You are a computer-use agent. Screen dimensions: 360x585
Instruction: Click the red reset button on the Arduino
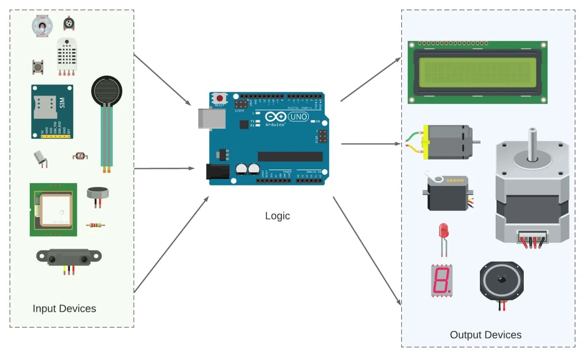pyautogui.click(x=220, y=98)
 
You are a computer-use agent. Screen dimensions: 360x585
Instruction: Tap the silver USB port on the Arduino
pyautogui.click(x=210, y=119)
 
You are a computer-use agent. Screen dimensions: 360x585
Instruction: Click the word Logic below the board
pyautogui.click(x=277, y=216)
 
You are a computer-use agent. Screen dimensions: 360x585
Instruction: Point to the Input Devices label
pyautogui.click(x=64, y=308)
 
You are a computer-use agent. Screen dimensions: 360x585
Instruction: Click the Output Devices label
pyautogui.click(x=485, y=335)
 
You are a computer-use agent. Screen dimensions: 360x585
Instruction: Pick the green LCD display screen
pyautogui.click(x=477, y=73)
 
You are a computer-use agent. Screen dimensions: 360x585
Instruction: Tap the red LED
pyautogui.click(x=443, y=231)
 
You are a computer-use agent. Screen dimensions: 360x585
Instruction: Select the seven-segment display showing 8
pyautogui.click(x=441, y=280)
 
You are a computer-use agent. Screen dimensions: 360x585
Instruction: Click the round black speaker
pyautogui.click(x=501, y=281)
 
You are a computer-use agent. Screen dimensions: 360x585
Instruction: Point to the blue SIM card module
pyautogui.click(x=52, y=111)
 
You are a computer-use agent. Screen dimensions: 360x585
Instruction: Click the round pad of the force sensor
pyautogui.click(x=106, y=90)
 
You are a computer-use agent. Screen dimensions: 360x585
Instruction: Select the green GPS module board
pyautogui.click(x=53, y=210)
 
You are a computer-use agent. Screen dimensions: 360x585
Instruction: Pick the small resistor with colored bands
pyautogui.click(x=94, y=225)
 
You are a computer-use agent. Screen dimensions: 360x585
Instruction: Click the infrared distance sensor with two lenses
pyautogui.click(x=69, y=259)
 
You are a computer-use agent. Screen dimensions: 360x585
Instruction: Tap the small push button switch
pyautogui.click(x=37, y=67)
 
